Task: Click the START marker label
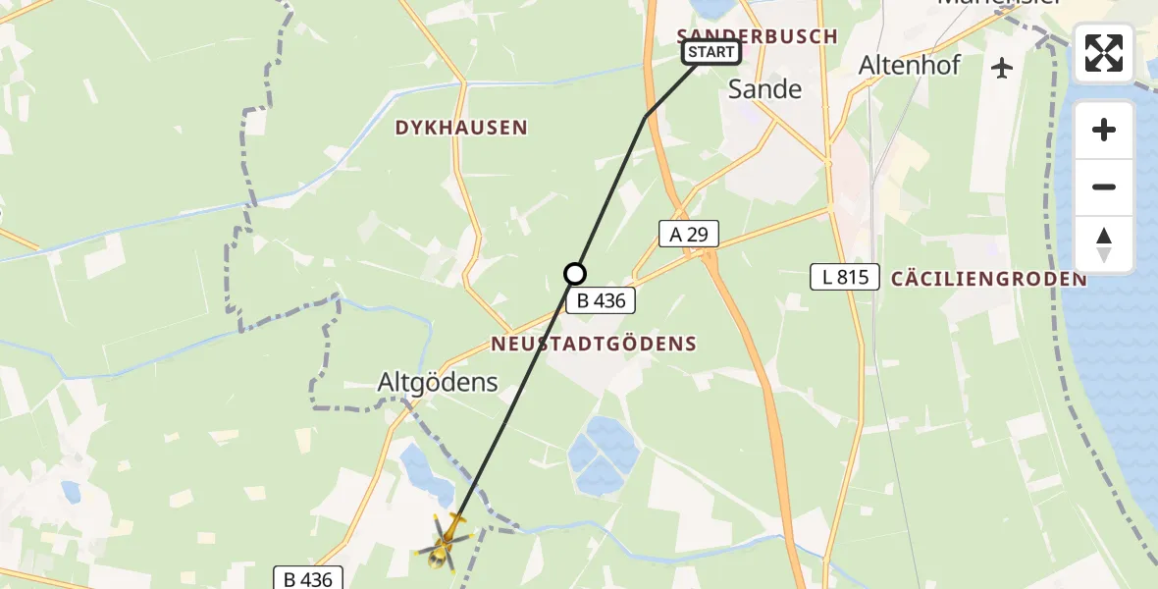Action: (711, 52)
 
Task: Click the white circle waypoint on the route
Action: (575, 274)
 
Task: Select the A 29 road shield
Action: (688, 234)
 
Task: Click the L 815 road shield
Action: (845, 277)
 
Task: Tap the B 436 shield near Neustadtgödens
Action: (601, 300)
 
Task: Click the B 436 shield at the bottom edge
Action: (307, 578)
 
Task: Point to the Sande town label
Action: (764, 89)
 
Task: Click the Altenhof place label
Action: (910, 66)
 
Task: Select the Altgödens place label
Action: (438, 383)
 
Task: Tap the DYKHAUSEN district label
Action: (461, 128)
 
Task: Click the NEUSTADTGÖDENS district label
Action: (594, 344)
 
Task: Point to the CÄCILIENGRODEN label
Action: (988, 279)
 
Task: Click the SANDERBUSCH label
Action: (757, 36)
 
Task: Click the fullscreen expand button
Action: (1104, 53)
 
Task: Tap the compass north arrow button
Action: (1104, 243)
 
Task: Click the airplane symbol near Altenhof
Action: (1002, 68)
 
